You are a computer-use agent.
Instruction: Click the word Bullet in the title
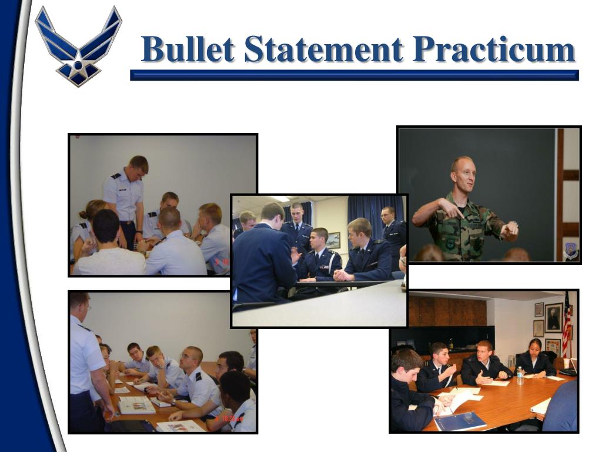click(x=188, y=49)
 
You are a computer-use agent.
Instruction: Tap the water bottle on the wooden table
click(x=520, y=376)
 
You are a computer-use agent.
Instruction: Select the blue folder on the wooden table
click(x=460, y=420)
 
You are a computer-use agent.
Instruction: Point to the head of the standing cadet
click(x=138, y=166)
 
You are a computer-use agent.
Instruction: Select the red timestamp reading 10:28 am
click(x=233, y=418)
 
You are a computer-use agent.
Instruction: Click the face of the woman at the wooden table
click(x=536, y=348)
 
